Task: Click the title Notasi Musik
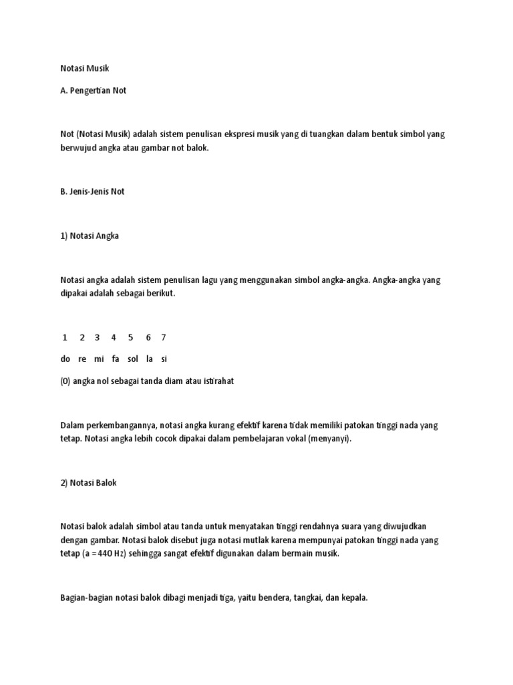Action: pos(83,68)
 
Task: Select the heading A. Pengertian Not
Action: pos(93,90)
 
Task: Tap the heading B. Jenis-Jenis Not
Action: pos(92,191)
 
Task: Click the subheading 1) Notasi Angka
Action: pos(90,236)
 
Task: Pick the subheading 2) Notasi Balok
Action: pos(88,482)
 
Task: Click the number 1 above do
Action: pos(65,337)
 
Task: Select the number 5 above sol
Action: pos(131,337)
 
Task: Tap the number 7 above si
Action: pos(164,337)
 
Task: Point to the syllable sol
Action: pos(132,359)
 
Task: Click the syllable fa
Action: pos(116,359)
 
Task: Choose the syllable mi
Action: pos(99,359)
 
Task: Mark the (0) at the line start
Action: pos(65,381)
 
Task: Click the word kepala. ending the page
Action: pos(354,597)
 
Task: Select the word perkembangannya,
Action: pos(122,425)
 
